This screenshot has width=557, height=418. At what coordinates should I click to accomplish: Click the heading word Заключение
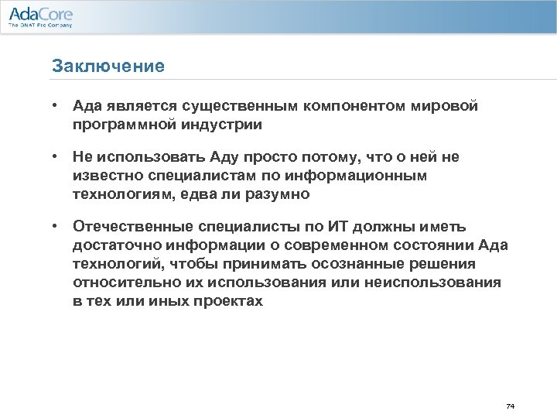(108, 66)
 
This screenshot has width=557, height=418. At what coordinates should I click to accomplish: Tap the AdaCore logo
(40, 13)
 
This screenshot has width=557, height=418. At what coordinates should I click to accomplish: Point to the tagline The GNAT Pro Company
(40, 26)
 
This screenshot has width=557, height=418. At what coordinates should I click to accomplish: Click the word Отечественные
(131, 227)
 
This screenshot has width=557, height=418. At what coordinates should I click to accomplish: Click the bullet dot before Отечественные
(56, 227)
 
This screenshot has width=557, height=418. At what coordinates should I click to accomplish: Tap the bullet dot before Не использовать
(56, 157)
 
